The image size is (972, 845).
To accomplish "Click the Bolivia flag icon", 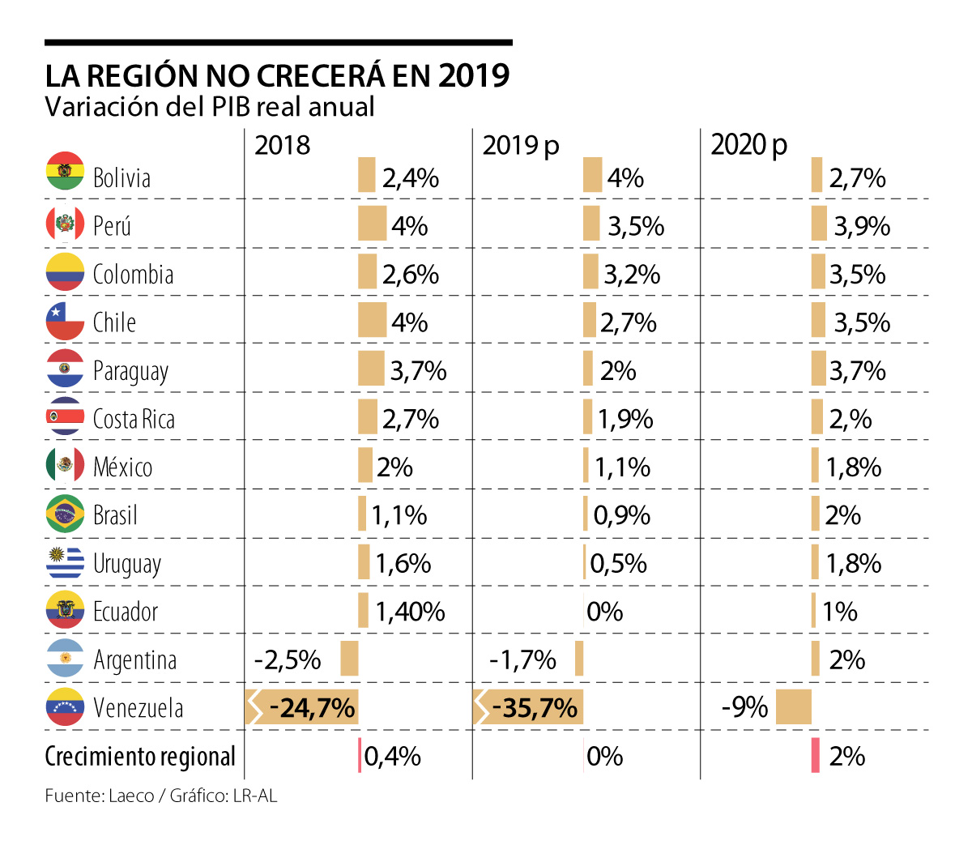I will [x=65, y=171].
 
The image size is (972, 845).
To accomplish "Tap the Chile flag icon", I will [x=65, y=321].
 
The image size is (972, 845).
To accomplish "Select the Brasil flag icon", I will [x=65, y=514].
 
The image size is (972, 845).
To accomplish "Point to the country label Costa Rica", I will [x=134, y=419].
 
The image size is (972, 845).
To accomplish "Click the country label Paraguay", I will [x=130, y=371].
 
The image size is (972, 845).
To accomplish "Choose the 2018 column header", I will [x=282, y=145].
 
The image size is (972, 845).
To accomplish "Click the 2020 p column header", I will [x=748, y=145].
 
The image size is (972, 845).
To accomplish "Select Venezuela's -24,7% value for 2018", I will [x=312, y=708].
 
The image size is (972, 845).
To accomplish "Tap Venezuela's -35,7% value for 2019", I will [x=535, y=708].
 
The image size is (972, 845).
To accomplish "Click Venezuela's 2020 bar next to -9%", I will [x=793, y=707].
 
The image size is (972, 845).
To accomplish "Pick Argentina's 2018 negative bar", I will [x=349, y=658].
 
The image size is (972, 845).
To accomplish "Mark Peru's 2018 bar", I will [x=373, y=224].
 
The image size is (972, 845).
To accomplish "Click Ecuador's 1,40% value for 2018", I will [x=410, y=612].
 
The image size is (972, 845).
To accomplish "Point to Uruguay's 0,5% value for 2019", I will [x=619, y=563].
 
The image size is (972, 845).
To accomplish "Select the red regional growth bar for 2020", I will [x=816, y=755].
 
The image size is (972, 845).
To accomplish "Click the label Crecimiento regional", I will [x=140, y=756].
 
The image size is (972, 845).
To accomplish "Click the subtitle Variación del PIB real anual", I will [x=210, y=107].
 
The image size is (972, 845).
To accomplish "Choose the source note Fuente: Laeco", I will [x=99, y=796].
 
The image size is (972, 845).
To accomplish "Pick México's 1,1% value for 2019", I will [x=623, y=467].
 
